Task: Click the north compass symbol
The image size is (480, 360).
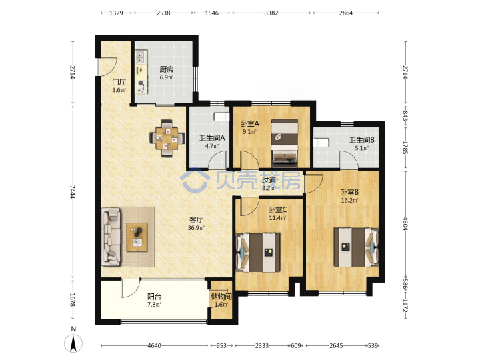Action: point(73,343)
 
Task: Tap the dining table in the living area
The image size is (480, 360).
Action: point(167,139)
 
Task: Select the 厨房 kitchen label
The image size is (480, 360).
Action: point(167,69)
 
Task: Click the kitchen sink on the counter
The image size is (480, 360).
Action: point(141,57)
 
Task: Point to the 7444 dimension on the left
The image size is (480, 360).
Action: point(72,191)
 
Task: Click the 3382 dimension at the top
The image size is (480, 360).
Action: point(271,13)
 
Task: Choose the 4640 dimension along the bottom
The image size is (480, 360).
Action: point(154,345)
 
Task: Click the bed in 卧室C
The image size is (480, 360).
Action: point(259,253)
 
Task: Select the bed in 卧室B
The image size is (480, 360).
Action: point(356,247)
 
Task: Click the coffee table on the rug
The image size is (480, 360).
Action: point(137,237)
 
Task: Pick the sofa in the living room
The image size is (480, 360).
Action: point(111,237)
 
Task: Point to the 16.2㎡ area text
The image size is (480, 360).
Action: point(349,201)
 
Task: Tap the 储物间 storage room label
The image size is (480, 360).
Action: point(221,296)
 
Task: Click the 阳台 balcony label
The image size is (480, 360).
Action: point(154,296)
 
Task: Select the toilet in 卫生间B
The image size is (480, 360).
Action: point(321,143)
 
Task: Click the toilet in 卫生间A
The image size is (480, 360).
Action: point(221,117)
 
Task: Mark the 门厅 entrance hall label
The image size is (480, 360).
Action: point(119,82)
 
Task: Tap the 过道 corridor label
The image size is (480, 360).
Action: point(269,180)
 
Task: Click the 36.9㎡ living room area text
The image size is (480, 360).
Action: point(196,228)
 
